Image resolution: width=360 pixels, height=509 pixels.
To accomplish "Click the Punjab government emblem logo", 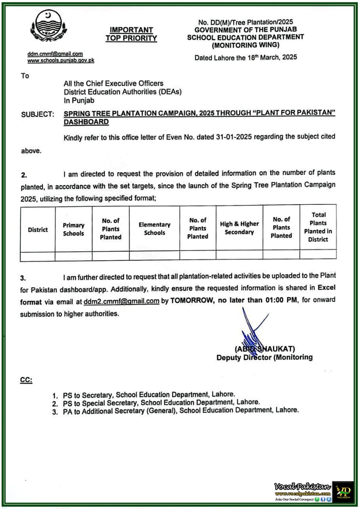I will coord(48,27).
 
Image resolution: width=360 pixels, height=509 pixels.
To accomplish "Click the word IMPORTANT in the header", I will coord(131,30).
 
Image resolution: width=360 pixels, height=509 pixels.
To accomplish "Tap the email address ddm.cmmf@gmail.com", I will coord(55,54).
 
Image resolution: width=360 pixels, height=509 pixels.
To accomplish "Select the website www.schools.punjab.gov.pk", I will coord(61,60).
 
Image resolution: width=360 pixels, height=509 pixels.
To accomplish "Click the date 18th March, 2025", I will coord(272,58).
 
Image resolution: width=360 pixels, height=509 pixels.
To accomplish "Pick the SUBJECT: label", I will coord(38,115).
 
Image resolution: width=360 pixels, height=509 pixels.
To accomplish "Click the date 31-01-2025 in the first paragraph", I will coord(234,137).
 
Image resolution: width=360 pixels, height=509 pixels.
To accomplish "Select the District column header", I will coord(38,230).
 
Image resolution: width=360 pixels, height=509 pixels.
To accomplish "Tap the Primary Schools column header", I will coord(74,229).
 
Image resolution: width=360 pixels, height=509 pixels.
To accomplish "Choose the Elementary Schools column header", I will coord(154,229).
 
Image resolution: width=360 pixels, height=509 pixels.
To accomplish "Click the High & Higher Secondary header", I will coord(239,228).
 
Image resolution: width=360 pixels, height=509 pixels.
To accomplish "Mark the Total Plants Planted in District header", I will coord(318,227).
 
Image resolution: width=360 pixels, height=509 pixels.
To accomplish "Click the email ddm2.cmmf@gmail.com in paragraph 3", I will coord(121,301).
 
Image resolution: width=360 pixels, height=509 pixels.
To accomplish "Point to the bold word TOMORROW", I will coord(192,300).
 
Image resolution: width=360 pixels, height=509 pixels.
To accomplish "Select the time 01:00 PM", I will coord(281,300).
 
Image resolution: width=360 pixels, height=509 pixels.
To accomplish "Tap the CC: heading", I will coord(26,380).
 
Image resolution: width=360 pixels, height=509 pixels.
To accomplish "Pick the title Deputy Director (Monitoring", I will coord(265,358).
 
